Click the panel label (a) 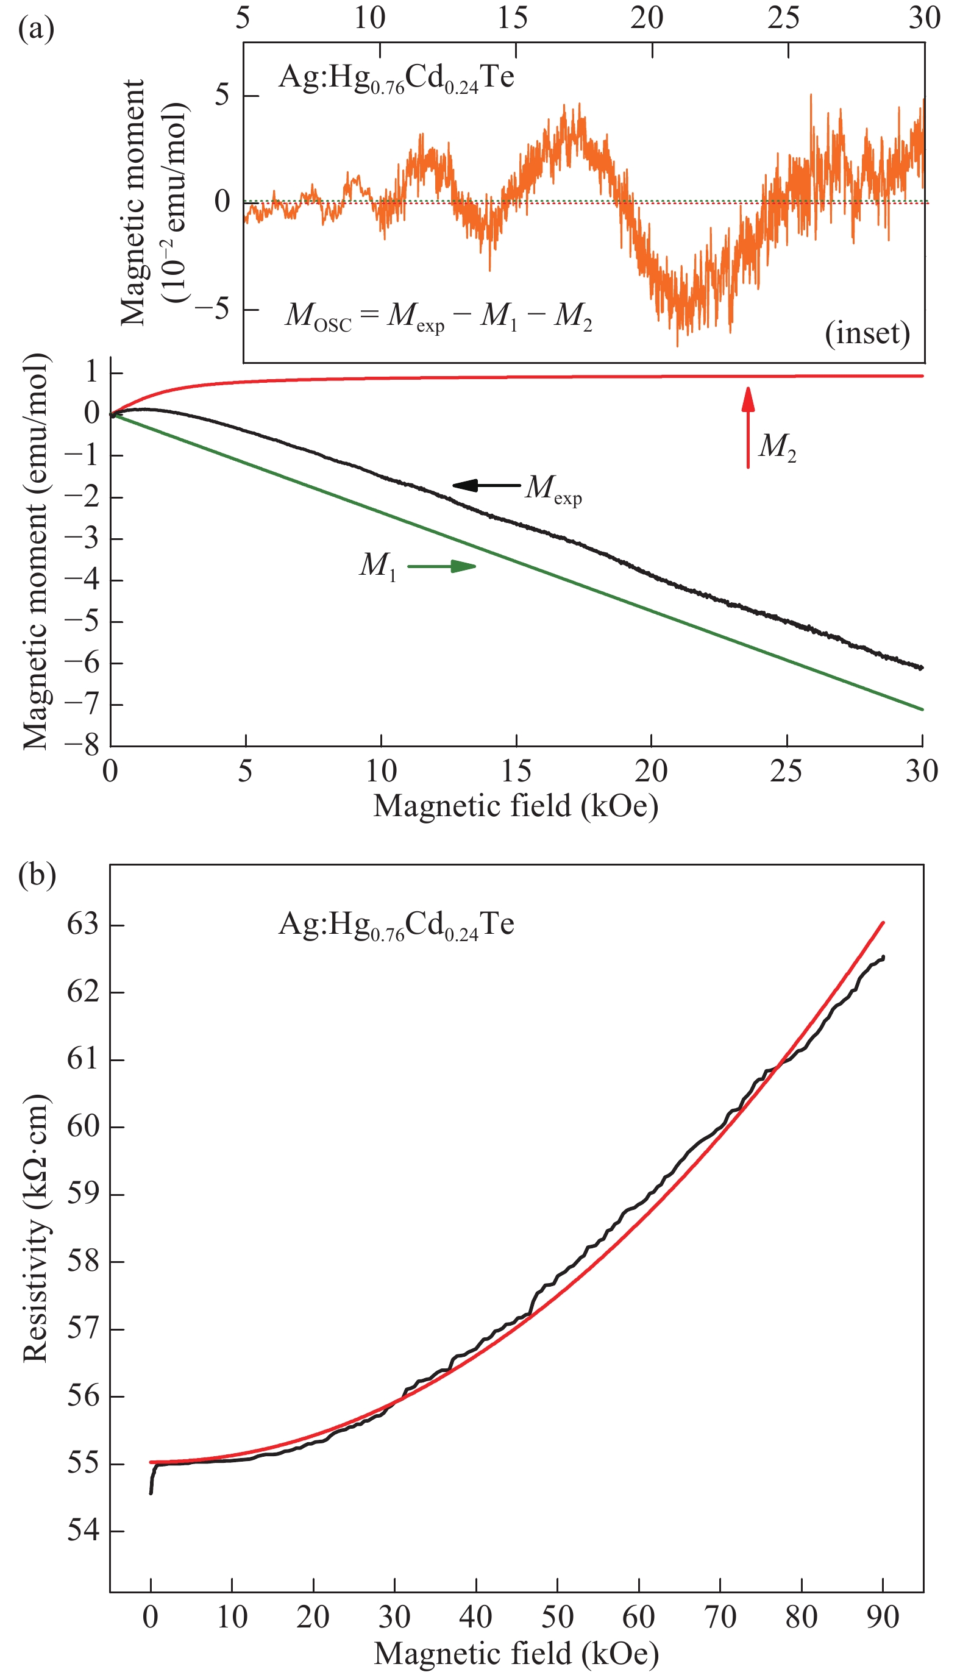tap(36, 30)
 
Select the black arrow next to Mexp tap(486, 486)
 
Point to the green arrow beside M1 tap(442, 566)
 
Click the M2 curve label tap(777, 447)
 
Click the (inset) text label tap(867, 333)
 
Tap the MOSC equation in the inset tap(438, 316)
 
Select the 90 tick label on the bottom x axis tap(882, 1616)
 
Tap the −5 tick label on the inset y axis tap(212, 308)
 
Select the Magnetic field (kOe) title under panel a tap(516, 806)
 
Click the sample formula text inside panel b tap(396, 925)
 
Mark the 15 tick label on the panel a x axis tap(516, 770)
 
